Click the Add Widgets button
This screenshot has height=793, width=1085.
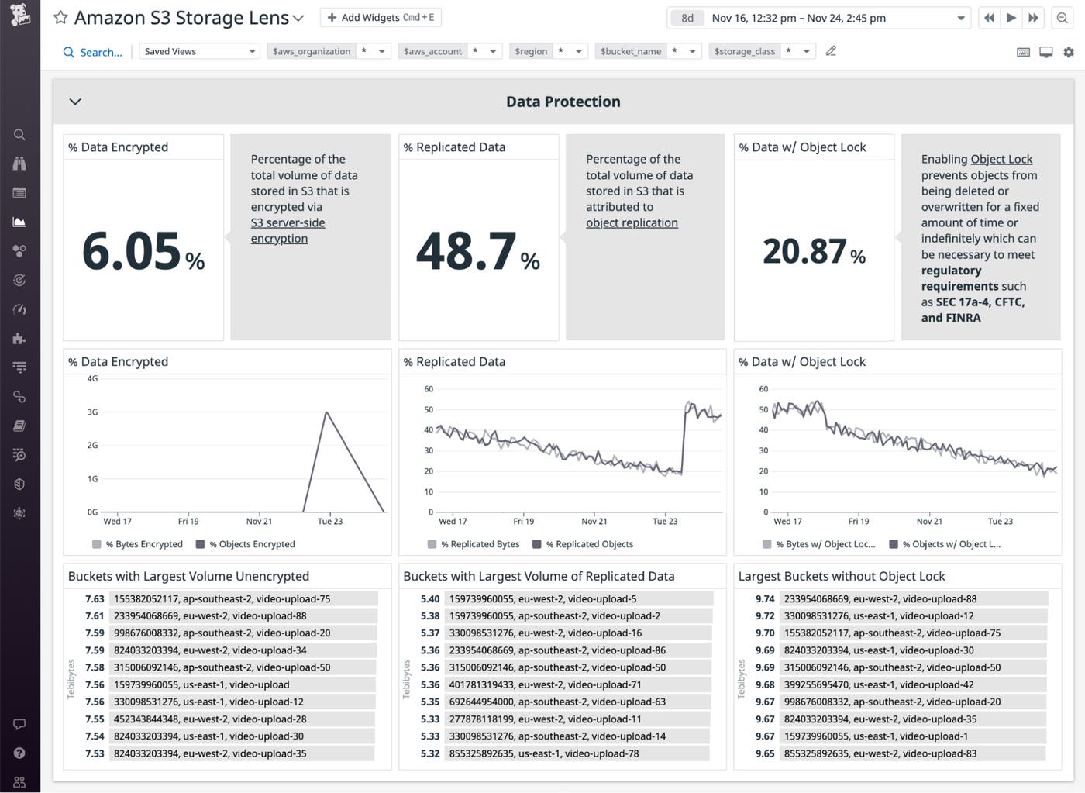380,17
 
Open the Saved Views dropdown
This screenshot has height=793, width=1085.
199,51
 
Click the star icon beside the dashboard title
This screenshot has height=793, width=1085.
60,18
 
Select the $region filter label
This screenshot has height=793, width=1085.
531,51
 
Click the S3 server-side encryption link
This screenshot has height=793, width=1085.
288,230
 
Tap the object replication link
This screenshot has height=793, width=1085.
632,222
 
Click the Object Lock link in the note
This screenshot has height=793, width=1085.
1001,159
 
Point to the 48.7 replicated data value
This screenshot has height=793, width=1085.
467,251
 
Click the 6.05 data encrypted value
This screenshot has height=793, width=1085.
132,251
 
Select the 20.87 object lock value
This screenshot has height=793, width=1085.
804,251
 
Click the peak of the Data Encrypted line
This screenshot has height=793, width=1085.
326,412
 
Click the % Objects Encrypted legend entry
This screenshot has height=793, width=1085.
246,544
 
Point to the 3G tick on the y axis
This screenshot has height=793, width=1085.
92,412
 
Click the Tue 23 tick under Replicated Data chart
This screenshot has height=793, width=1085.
665,521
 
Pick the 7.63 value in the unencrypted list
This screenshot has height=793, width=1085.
95,598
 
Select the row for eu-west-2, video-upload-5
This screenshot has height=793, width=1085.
542,598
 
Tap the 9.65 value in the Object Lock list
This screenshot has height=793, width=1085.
764,753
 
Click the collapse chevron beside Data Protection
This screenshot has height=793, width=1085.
75,102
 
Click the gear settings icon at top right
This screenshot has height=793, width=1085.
1069,52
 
